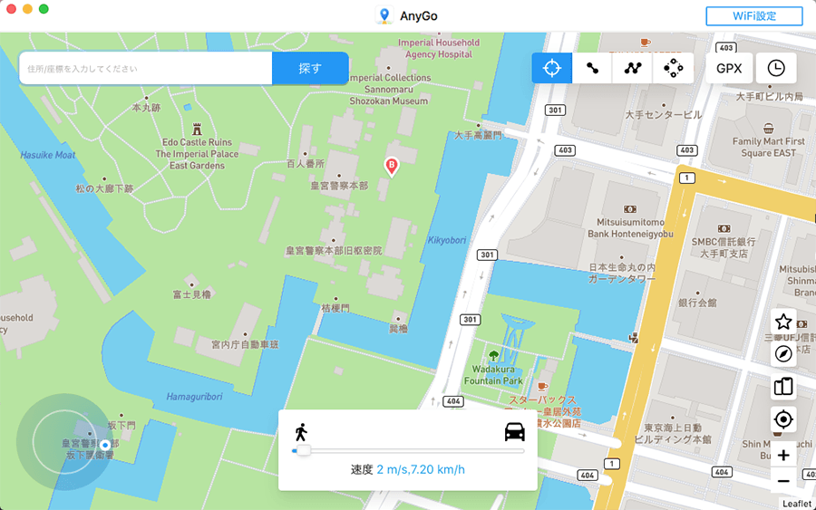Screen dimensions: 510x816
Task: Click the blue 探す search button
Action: tap(310, 68)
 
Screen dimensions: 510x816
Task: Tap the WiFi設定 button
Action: tap(741, 16)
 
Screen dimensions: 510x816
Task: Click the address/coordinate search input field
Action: tap(145, 68)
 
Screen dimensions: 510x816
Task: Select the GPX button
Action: tap(729, 68)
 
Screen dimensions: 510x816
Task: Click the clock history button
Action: tap(776, 68)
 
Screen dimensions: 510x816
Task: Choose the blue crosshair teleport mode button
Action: tap(551, 68)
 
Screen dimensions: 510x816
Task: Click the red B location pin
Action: tap(392, 167)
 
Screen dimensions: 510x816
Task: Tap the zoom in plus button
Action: tap(783, 452)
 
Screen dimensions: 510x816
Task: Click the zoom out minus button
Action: tap(783, 480)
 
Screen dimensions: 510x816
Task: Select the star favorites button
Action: tap(783, 321)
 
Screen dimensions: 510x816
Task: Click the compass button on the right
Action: tap(783, 354)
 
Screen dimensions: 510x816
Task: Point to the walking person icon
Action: tap(301, 431)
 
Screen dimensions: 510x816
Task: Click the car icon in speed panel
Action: tap(514, 431)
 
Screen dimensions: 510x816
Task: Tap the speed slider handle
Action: tap(303, 450)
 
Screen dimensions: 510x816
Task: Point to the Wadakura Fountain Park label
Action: tap(494, 375)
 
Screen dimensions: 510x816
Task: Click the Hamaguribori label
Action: tap(195, 397)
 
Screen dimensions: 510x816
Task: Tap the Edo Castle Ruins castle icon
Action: tap(197, 130)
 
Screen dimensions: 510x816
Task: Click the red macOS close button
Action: tap(12, 9)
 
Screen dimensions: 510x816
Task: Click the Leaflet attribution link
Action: tap(796, 503)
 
